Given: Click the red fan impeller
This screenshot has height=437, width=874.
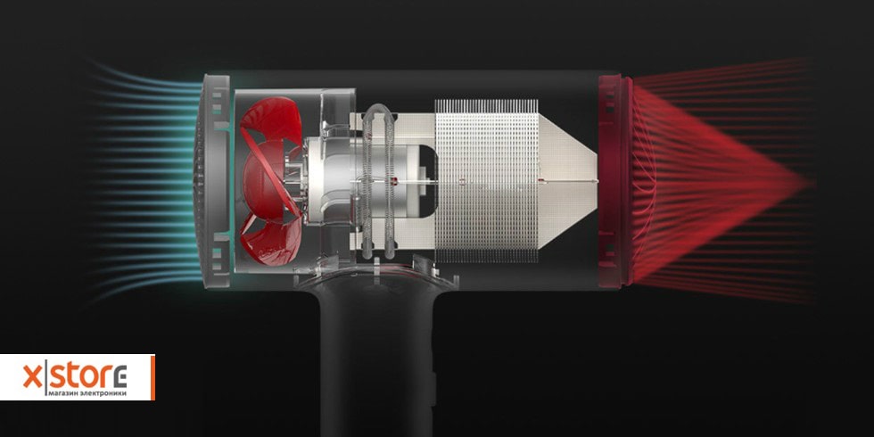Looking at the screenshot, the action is click(271, 181).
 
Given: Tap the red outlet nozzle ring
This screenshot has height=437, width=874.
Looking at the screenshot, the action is click(615, 182).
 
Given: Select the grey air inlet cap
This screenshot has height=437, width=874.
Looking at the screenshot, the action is click(212, 181).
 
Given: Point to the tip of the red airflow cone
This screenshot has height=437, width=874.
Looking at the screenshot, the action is click(808, 182).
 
